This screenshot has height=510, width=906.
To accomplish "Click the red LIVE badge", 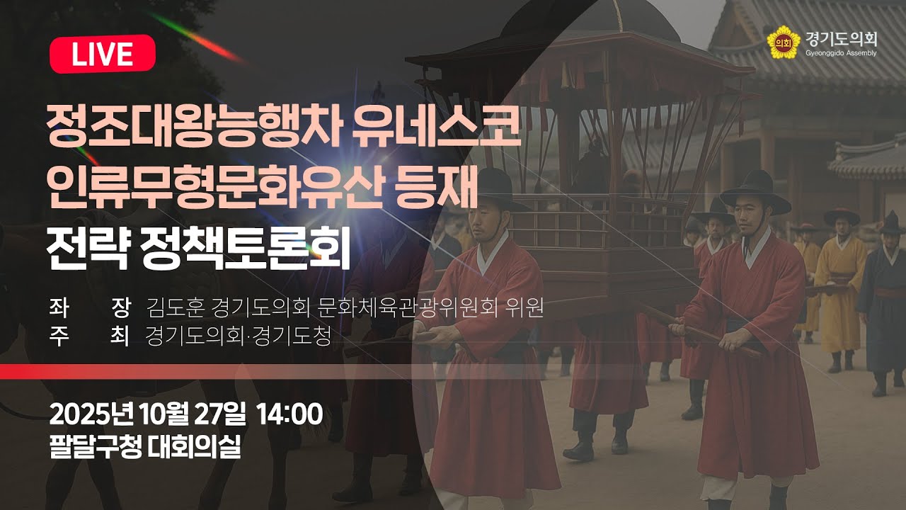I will click(102, 54).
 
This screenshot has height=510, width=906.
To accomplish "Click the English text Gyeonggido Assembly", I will click(841, 53).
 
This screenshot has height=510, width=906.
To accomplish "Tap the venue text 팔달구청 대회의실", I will click(145, 447).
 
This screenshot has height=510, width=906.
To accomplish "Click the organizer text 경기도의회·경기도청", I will click(238, 336).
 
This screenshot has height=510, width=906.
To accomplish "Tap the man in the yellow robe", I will click(839, 290).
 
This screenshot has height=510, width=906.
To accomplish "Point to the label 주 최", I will click(88, 336).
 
